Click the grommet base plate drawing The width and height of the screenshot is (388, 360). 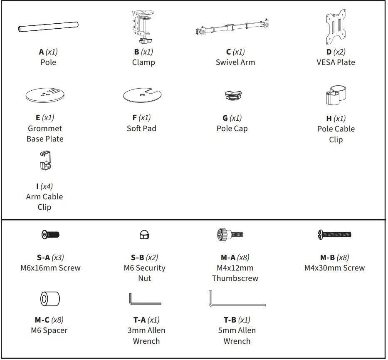[x=45, y=94]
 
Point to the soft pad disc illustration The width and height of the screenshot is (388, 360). [x=142, y=95]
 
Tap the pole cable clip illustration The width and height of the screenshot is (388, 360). [x=336, y=95]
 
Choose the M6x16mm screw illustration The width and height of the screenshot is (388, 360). [x=50, y=235]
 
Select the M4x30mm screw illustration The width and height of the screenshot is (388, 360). [x=334, y=235]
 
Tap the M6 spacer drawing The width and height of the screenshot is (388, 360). [x=49, y=299]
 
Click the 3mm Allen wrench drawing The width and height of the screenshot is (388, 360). [x=144, y=299]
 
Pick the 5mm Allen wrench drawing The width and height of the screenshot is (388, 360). [x=237, y=299]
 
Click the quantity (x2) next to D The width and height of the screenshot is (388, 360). [x=339, y=52]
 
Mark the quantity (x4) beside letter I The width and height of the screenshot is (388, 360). [x=47, y=186]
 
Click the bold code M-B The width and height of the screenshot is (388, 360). [x=327, y=258]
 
